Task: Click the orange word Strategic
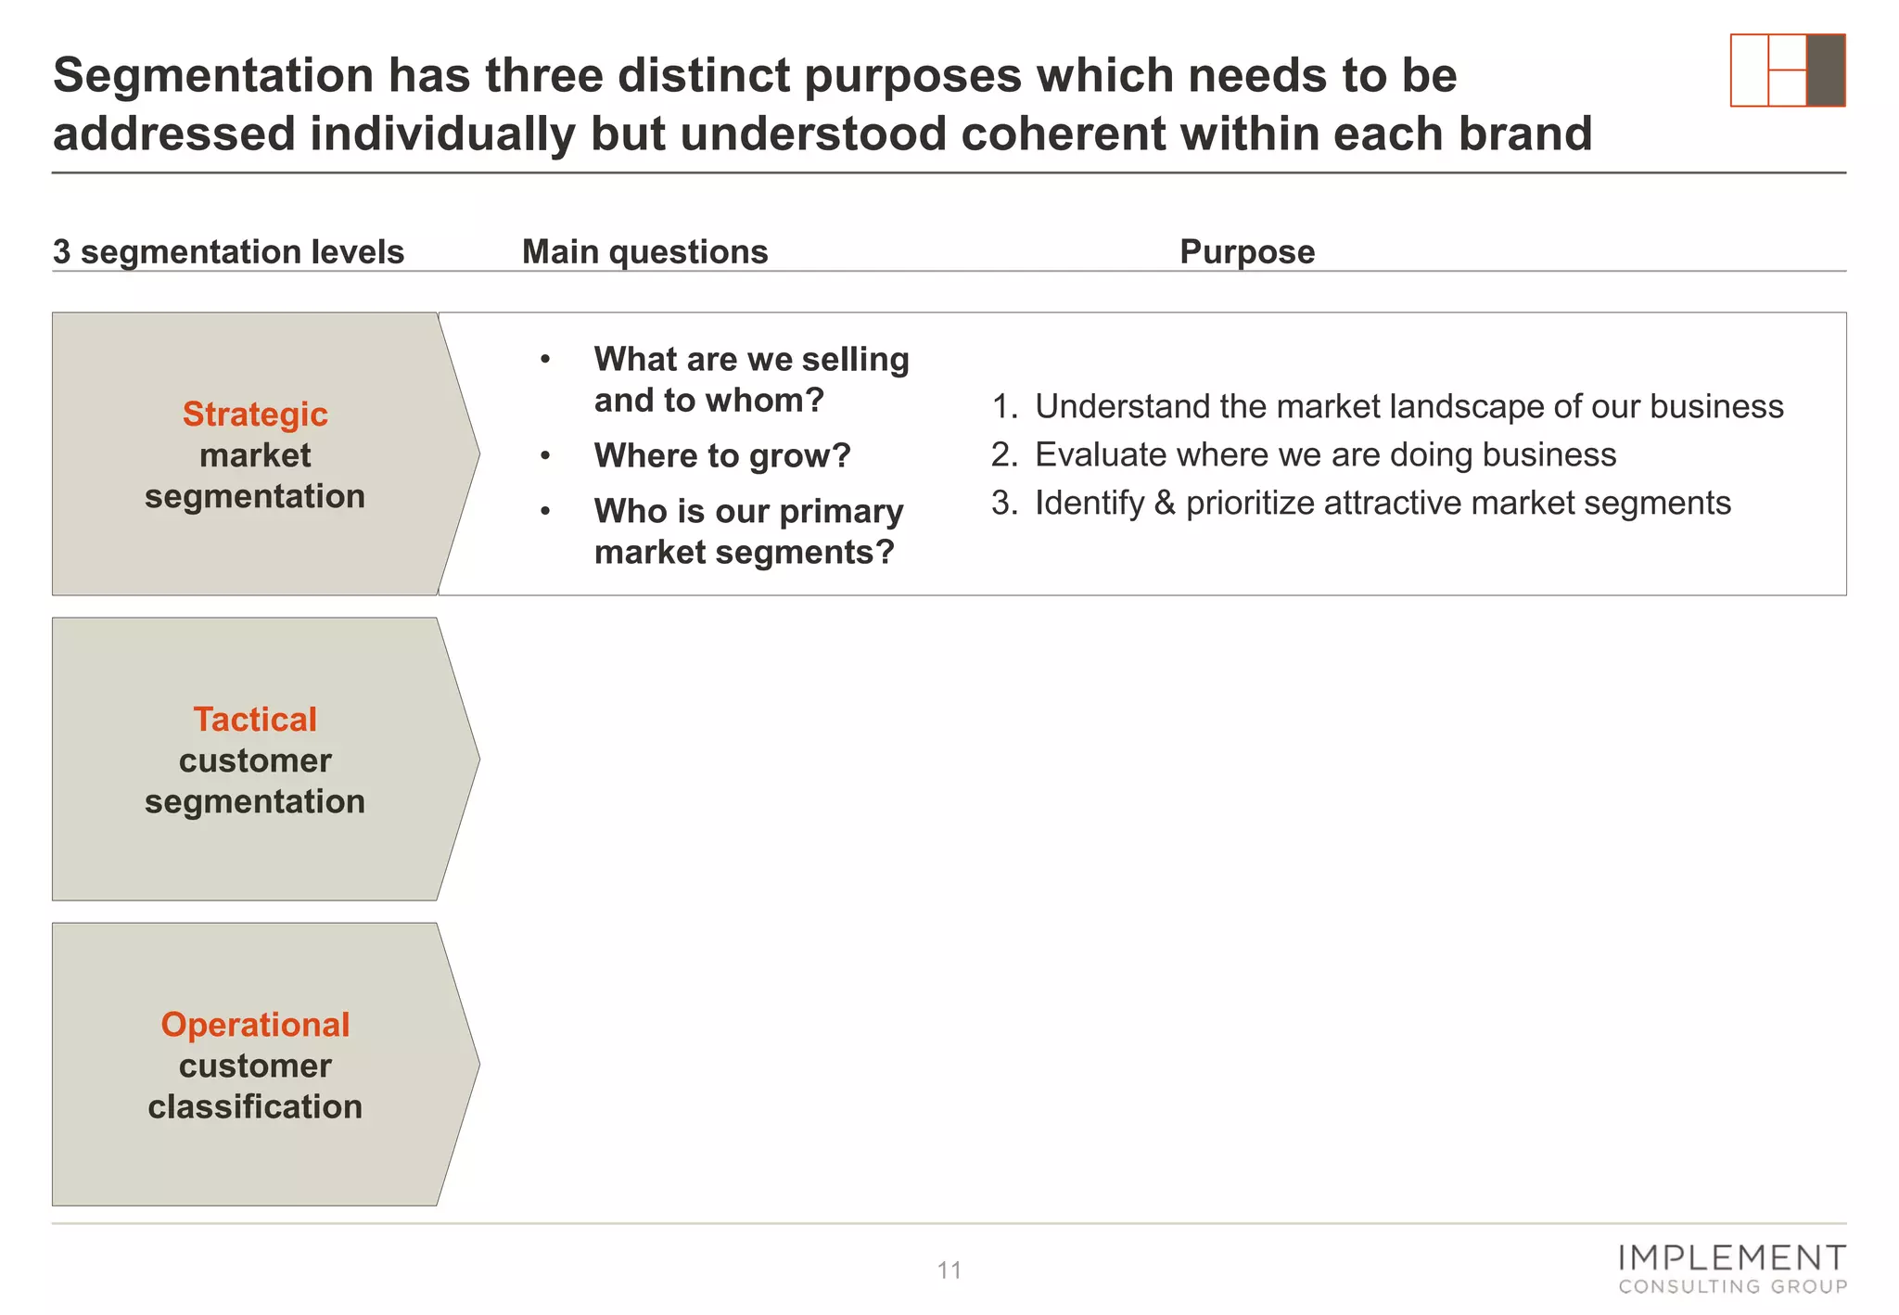(255, 415)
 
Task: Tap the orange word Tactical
(255, 720)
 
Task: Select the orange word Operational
(255, 1025)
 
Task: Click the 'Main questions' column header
(644, 252)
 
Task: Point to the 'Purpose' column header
(1246, 252)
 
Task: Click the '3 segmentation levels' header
(228, 252)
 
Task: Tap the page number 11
(949, 1270)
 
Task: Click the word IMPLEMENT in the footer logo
(1731, 1258)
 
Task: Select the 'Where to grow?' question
(722, 456)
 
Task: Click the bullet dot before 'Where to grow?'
(546, 455)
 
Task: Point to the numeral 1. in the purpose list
(1004, 407)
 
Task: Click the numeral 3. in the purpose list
(1004, 504)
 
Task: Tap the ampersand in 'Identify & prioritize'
(1165, 504)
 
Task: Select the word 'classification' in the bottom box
(255, 1107)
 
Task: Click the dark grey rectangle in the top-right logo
(1825, 70)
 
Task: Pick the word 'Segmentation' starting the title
(212, 76)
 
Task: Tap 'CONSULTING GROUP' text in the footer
(1732, 1287)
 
